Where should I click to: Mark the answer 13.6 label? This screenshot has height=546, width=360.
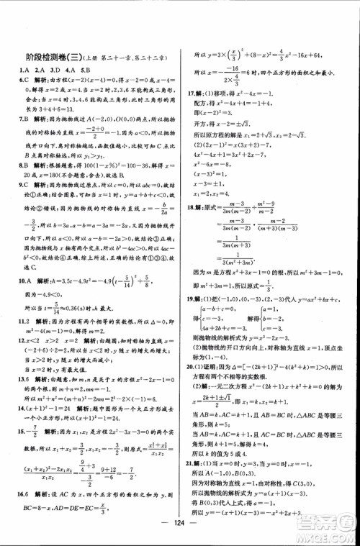pyautogui.click(x=26, y=377)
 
